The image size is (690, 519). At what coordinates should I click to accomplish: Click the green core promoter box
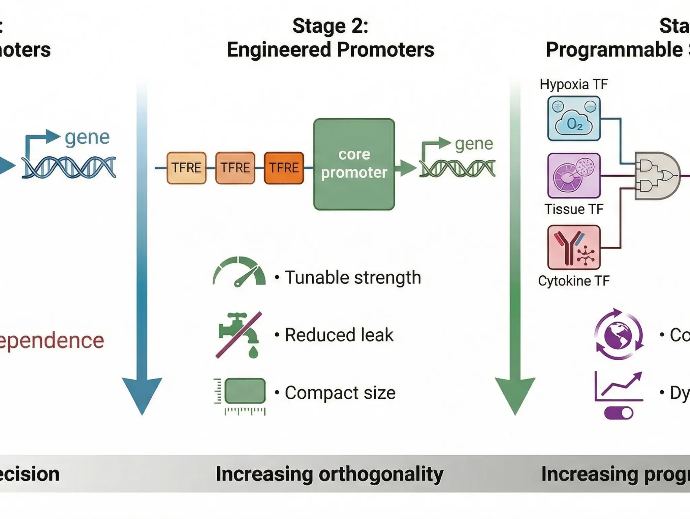coord(354,164)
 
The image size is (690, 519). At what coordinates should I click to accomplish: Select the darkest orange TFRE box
coord(284,168)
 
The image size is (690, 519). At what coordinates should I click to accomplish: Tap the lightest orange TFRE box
coord(186,168)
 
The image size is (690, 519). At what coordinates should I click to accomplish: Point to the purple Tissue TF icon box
coord(574,175)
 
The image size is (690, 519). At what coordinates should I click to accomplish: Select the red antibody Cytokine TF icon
coord(574,247)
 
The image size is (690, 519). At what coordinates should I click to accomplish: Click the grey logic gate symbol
coord(657,176)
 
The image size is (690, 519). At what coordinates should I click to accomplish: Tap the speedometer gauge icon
coord(239,272)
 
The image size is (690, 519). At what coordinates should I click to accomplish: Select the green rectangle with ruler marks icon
coord(245,391)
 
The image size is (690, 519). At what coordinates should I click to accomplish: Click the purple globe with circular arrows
coord(618,334)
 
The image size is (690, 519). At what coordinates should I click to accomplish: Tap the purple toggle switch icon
coord(619,413)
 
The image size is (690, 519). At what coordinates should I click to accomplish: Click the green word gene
coord(474,144)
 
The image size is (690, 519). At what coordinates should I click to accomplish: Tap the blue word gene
coord(87,138)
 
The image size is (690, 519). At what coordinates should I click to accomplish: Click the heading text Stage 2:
coord(330,26)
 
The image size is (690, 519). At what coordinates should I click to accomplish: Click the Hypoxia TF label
coord(573,84)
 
